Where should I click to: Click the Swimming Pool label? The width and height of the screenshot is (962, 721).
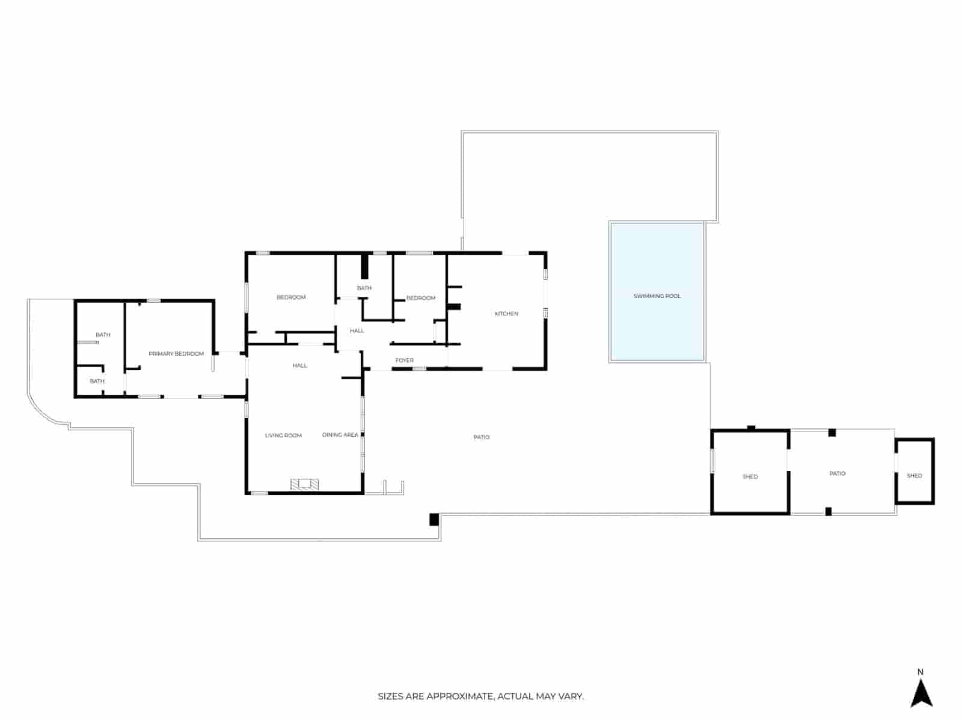(x=657, y=296)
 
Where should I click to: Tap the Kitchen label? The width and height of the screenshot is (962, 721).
(x=506, y=314)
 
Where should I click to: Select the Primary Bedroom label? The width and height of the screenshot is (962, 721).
(x=176, y=354)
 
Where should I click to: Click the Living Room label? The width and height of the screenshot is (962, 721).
(x=283, y=436)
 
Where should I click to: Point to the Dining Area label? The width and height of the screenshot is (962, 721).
(x=340, y=435)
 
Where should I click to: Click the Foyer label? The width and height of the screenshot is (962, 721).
(x=404, y=360)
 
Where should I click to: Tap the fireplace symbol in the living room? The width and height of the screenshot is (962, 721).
(x=305, y=484)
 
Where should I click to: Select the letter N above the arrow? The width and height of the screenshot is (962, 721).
(x=920, y=672)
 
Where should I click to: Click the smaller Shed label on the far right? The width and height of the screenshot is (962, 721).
(x=914, y=476)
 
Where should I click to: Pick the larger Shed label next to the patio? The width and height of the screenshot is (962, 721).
(x=750, y=476)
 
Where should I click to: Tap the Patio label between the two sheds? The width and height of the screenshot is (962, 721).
(x=837, y=473)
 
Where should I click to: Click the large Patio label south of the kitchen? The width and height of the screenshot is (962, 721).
(x=481, y=437)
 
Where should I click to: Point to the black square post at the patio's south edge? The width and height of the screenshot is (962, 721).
(x=434, y=519)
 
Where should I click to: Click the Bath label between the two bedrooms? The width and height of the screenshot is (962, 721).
(x=364, y=288)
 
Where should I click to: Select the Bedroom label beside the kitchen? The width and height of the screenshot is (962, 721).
(x=420, y=298)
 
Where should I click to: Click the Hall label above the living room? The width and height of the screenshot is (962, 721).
(x=299, y=365)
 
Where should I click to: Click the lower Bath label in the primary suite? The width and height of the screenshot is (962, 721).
(x=97, y=381)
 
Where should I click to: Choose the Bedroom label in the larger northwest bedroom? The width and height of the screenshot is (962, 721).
(x=291, y=297)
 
